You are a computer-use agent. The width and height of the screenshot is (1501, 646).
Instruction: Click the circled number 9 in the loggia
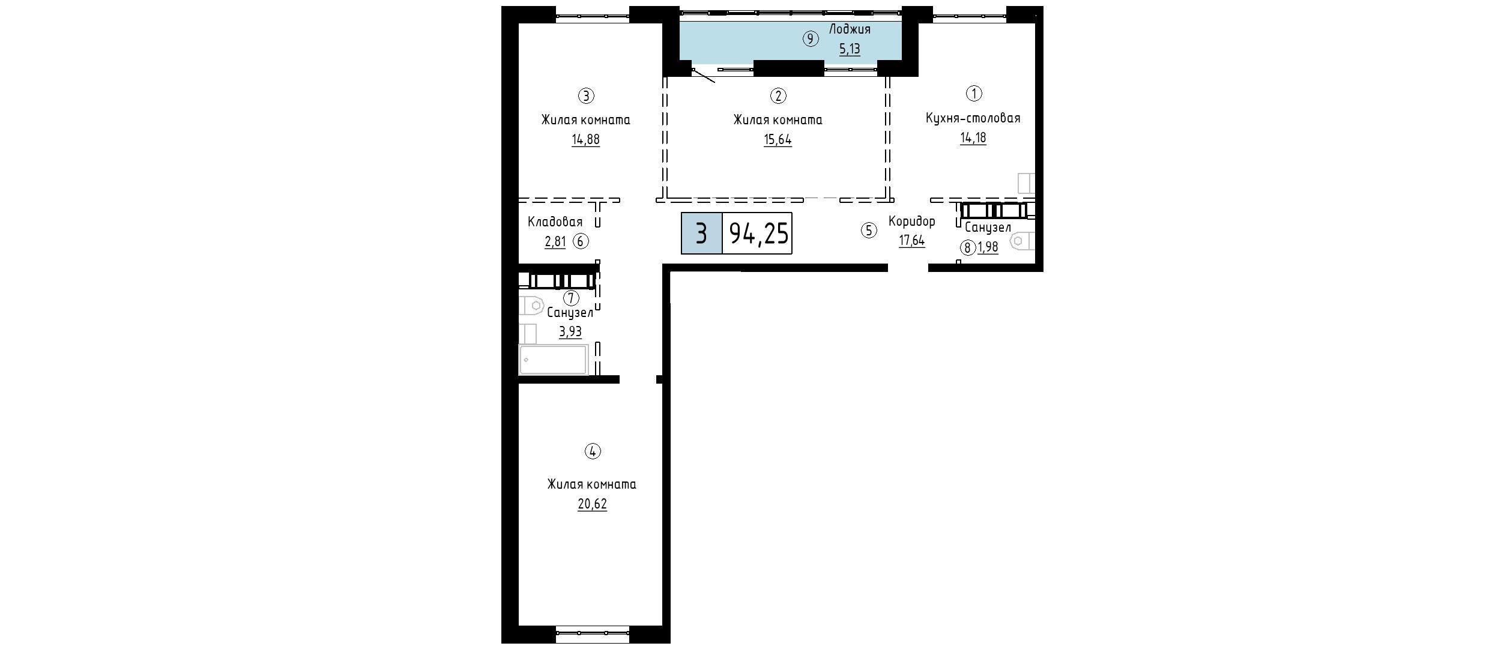point(811,39)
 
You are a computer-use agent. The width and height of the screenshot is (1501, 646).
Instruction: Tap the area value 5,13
point(850,49)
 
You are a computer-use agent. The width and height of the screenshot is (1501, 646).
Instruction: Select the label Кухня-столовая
point(973,118)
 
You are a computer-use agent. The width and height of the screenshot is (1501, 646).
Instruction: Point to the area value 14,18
point(973,137)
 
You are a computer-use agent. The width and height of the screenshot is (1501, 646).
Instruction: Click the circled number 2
point(778,95)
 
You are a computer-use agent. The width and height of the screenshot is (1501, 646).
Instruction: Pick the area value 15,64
point(778,139)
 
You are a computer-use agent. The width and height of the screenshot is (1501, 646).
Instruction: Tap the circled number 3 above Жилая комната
point(586,95)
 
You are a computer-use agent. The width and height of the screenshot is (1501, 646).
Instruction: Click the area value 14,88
point(585,139)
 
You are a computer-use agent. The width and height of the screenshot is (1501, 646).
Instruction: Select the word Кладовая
point(555,222)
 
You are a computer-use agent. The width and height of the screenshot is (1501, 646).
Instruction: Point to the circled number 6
point(581,241)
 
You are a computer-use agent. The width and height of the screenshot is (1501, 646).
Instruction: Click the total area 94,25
point(758,233)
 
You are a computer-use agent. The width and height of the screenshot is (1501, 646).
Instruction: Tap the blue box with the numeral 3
point(701,233)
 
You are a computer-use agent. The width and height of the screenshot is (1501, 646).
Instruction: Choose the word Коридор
point(911,222)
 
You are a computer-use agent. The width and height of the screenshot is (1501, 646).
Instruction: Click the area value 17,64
point(911,241)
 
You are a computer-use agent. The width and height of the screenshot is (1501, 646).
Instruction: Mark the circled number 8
point(967,247)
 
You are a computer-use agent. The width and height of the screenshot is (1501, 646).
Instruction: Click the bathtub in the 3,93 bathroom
point(553,360)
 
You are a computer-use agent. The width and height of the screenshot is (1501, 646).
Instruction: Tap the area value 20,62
point(592,504)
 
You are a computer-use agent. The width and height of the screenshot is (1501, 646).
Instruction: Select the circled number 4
point(593,451)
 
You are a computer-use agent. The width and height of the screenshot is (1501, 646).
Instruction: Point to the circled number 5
point(869,231)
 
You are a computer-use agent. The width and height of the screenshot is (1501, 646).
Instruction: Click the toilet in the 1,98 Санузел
point(1023,241)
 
